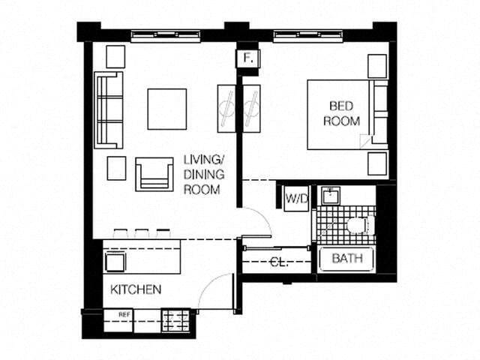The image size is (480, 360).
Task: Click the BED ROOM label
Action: [342, 113]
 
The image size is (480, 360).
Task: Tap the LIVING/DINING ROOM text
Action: [203, 175]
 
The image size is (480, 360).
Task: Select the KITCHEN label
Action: [136, 289]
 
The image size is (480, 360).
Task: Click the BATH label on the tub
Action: [346, 259]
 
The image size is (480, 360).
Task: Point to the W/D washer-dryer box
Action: [295, 199]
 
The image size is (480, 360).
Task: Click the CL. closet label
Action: [277, 262]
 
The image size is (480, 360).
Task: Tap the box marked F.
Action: [247, 58]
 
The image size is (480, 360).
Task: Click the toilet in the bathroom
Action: [360, 224]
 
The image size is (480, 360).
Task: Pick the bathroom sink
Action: [329, 196]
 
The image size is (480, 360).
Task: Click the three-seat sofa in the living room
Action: [108, 109]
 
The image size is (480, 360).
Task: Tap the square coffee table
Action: [166, 109]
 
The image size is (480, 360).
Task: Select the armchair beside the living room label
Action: [154, 174]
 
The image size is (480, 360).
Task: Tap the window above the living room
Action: [162, 35]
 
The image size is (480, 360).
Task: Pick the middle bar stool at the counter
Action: [142, 233]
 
